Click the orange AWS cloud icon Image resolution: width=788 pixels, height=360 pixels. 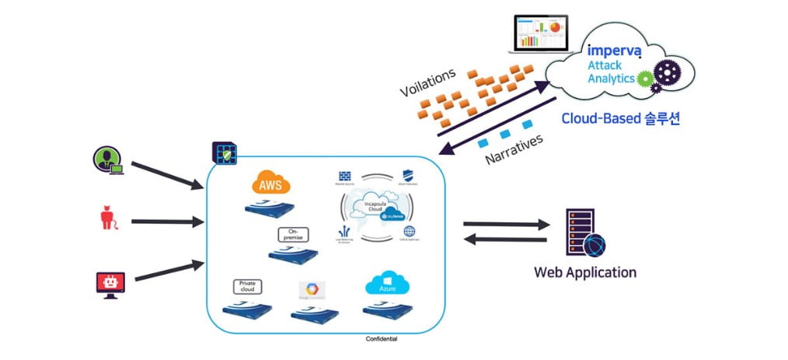(270, 185)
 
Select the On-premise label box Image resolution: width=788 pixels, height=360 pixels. (293, 234)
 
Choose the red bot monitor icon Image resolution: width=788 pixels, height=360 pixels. (110, 282)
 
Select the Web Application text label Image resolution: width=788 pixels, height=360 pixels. (585, 272)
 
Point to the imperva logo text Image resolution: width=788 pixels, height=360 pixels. (614, 51)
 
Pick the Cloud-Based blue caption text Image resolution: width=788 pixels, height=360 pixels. (621, 119)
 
